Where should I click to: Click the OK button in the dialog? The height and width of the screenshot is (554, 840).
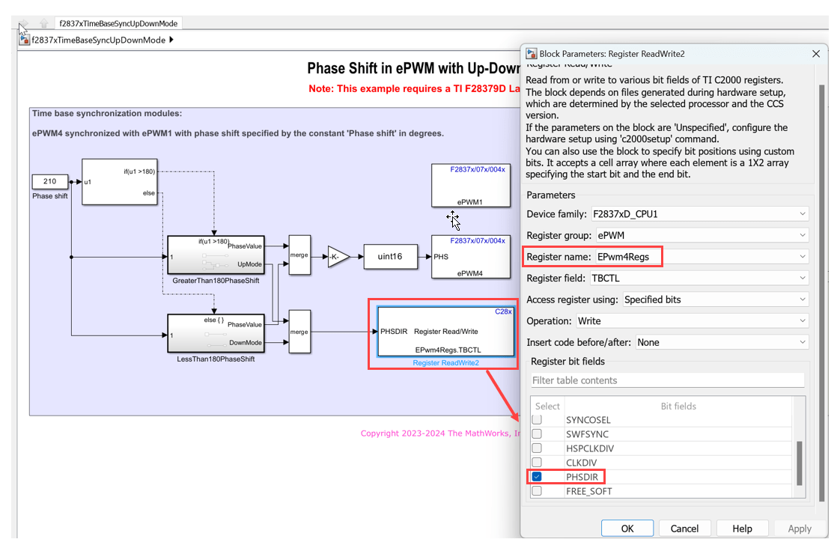click(627, 528)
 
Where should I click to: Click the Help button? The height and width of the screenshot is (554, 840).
click(742, 528)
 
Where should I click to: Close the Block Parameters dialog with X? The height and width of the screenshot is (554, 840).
click(816, 53)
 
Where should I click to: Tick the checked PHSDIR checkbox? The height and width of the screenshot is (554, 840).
click(537, 477)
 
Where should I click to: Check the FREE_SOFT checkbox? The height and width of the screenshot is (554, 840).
click(537, 491)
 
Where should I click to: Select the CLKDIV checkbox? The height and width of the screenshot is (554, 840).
click(537, 463)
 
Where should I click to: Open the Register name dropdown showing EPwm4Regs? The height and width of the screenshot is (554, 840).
click(702, 257)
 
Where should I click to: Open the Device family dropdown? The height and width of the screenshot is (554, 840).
click(699, 213)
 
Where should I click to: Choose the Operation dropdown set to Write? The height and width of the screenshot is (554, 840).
click(692, 320)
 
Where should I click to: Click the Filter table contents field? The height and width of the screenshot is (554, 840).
click(667, 380)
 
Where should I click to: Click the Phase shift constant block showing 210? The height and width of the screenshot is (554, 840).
click(49, 181)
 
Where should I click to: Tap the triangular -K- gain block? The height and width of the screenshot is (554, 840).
click(338, 257)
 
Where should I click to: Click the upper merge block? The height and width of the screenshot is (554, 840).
click(299, 256)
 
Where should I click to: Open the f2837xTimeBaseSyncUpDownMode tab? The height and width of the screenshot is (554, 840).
click(118, 23)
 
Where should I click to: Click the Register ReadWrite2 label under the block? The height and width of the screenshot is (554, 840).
click(445, 363)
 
